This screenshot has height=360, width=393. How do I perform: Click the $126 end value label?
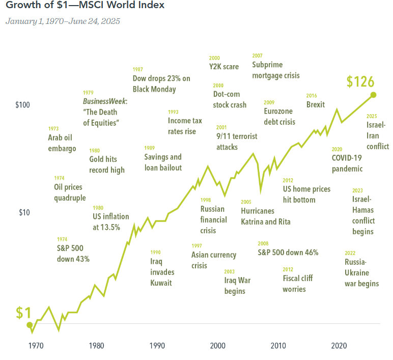pyautogui.click(x=360, y=82)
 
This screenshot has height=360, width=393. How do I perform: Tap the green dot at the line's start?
pyautogui.click(x=30, y=325)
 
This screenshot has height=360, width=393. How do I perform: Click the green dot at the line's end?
pyautogui.click(x=374, y=95)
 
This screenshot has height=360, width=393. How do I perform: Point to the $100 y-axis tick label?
pyautogui.click(x=22, y=105)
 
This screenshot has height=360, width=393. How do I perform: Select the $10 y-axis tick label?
pyautogui.click(x=24, y=213)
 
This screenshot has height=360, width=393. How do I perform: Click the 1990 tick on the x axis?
pyautogui.click(x=157, y=346)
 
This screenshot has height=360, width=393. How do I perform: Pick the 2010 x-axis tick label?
pyautogui.click(x=278, y=346)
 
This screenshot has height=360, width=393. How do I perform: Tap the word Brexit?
pyautogui.click(x=316, y=104)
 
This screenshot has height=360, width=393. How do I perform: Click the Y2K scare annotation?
pyautogui.click(x=224, y=67)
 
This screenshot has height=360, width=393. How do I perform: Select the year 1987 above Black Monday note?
pyautogui.click(x=138, y=69)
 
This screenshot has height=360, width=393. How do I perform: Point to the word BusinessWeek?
pyautogui.click(x=104, y=101)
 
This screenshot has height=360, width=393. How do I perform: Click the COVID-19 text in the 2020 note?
pyautogui.click(x=347, y=158)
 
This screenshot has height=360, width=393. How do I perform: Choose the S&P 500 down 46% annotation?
pyautogui.click(x=288, y=253)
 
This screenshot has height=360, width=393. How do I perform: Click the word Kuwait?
pyautogui.click(x=161, y=283)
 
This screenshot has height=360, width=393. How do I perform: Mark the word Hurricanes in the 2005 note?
pyautogui.click(x=258, y=211)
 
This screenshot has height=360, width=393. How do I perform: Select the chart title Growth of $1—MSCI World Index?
pyautogui.click(x=85, y=5)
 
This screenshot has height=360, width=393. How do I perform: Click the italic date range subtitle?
pyautogui.click(x=63, y=21)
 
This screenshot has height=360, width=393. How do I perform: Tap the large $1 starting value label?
pyautogui.click(x=23, y=313)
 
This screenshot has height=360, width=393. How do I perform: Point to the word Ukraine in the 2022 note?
pyautogui.click(x=357, y=273)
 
